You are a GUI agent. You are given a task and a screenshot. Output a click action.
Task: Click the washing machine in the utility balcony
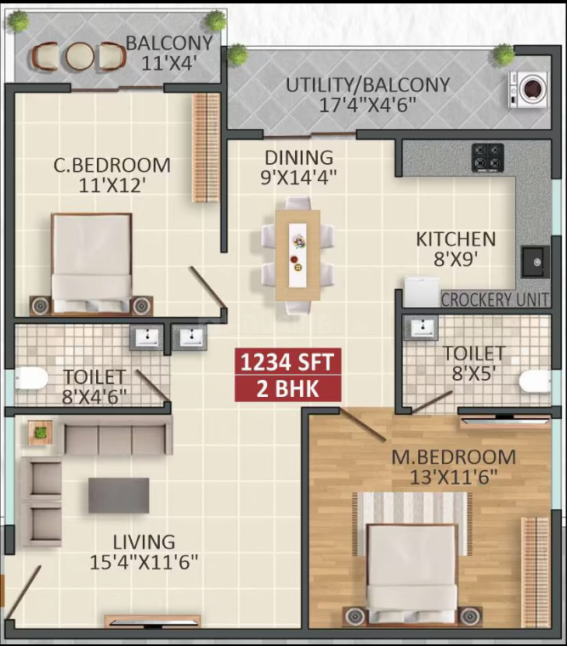pyautogui.click(x=529, y=89)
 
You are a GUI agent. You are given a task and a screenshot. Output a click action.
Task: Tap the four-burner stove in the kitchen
pyautogui.click(x=488, y=158)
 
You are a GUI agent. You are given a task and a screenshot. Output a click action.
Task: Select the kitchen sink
pyautogui.click(x=536, y=262)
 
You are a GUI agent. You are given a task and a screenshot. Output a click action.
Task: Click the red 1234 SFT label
pyautogui.click(x=287, y=362)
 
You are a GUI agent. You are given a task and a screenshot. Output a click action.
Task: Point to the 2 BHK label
pyautogui.click(x=287, y=388)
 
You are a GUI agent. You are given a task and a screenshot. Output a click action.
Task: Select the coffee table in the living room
pyautogui.click(x=119, y=496)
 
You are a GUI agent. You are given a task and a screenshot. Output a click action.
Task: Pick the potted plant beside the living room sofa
pyautogui.click(x=41, y=433)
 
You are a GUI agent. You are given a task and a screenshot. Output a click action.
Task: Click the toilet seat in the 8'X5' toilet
pyautogui.click(x=535, y=381)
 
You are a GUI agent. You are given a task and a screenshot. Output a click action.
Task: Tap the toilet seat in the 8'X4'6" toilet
pyautogui.click(x=31, y=378)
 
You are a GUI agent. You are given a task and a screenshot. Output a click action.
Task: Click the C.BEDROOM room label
pyautogui.click(x=112, y=165)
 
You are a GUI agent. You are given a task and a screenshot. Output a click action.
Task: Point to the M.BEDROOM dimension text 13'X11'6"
pyautogui.click(x=454, y=478)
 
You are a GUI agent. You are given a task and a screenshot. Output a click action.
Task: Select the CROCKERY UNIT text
pyautogui.click(x=495, y=300)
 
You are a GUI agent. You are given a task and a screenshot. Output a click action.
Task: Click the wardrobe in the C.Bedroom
pyautogui.click(x=206, y=148)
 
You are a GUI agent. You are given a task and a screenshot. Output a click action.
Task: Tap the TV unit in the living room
pyautogui.click(x=152, y=621)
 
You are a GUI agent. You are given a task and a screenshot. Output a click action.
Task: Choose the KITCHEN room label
pyautogui.click(x=456, y=240)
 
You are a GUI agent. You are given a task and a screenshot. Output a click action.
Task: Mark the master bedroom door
pyautogui.click(x=363, y=424)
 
